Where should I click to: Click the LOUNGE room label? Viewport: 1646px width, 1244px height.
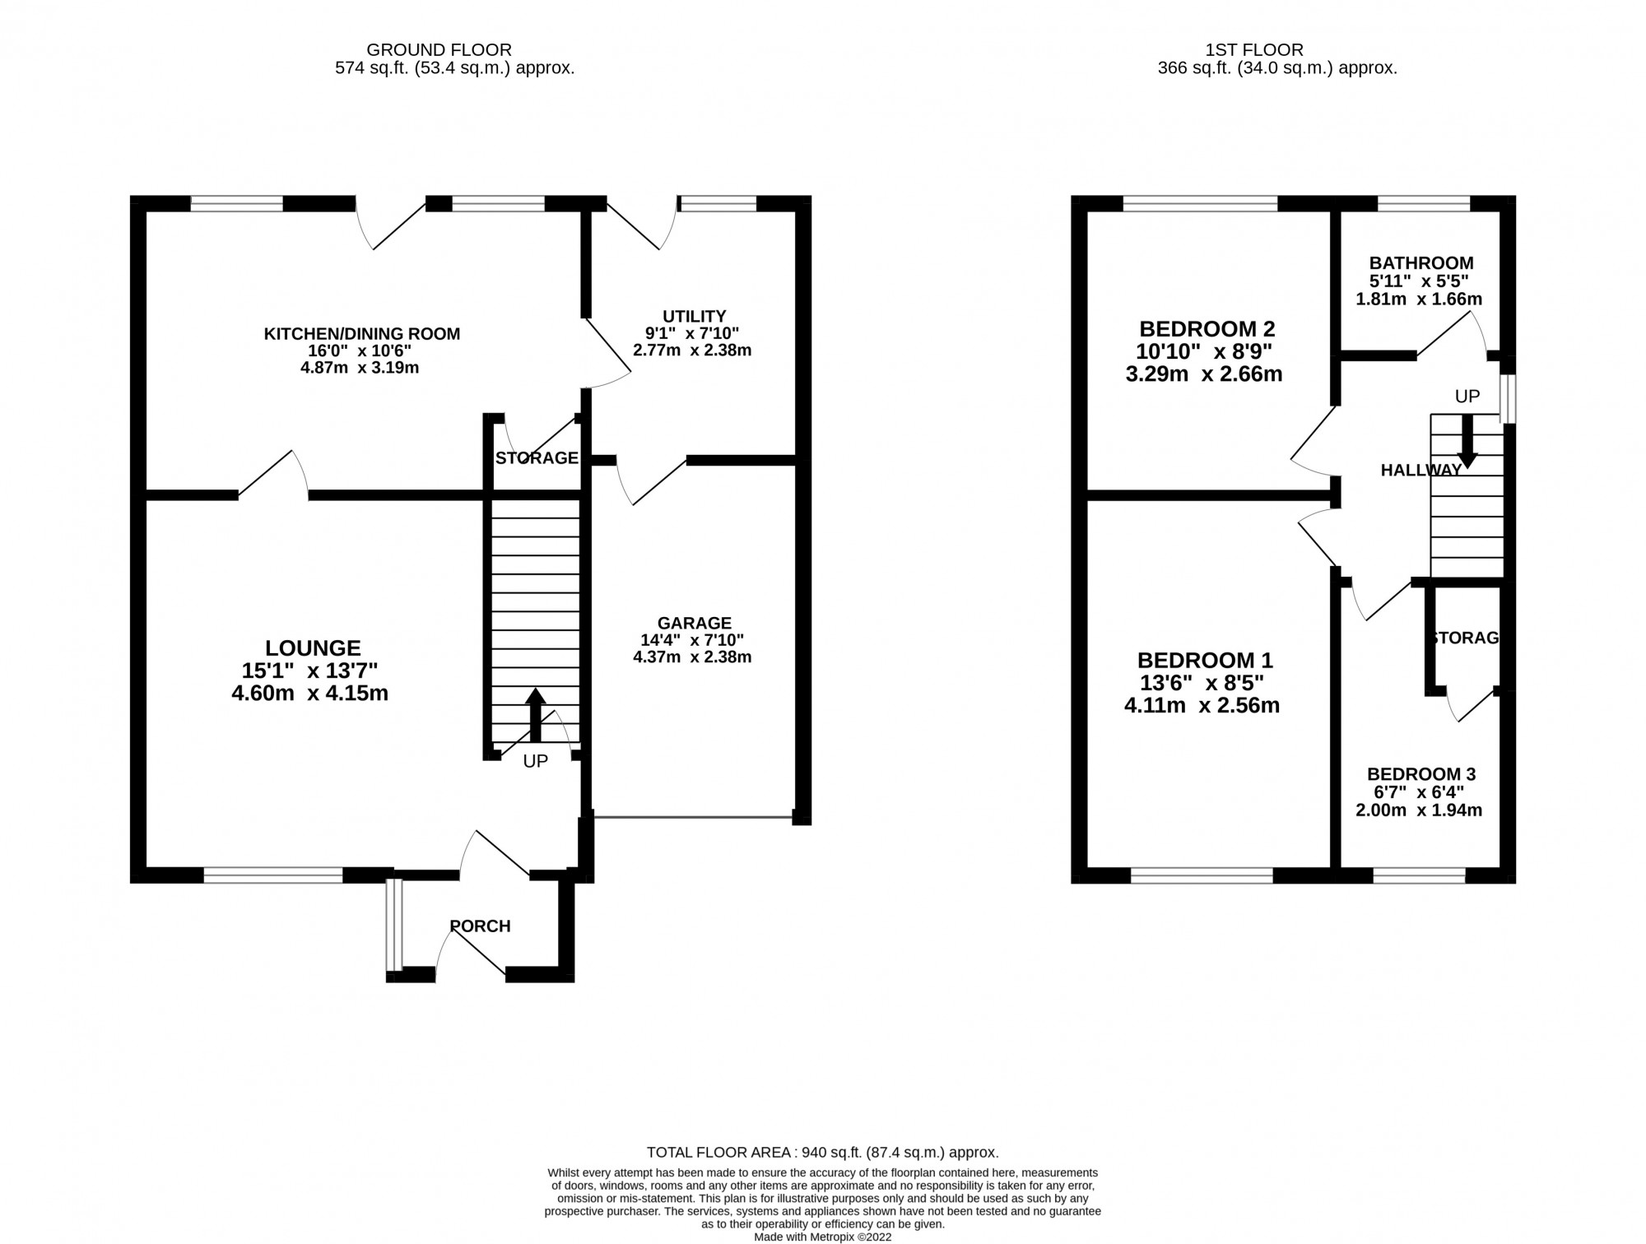pyautogui.click(x=313, y=648)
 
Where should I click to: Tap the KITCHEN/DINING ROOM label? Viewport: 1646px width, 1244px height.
pyautogui.click(x=361, y=334)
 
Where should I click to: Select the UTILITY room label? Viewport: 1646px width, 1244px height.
pyautogui.click(x=695, y=316)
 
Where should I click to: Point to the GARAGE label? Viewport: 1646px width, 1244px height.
pyautogui.click(x=695, y=623)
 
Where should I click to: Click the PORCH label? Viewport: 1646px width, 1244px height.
pyautogui.click(x=480, y=926)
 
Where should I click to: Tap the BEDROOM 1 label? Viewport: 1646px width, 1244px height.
pyautogui.click(x=1205, y=661)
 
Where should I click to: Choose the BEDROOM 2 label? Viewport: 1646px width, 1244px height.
pyautogui.click(x=1207, y=329)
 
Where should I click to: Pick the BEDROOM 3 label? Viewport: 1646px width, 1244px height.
pyautogui.click(x=1421, y=774)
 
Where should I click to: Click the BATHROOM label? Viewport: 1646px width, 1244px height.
pyautogui.click(x=1421, y=263)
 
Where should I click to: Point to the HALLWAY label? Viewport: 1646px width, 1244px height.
pyautogui.click(x=1421, y=471)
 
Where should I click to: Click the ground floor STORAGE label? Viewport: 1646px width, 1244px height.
pyautogui.click(x=537, y=458)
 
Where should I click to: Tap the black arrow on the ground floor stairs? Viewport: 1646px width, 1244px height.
pyautogui.click(x=536, y=715)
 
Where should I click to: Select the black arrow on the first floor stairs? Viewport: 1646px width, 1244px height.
pyautogui.click(x=1467, y=441)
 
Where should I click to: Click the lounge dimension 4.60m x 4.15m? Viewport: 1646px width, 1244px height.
pyautogui.click(x=310, y=694)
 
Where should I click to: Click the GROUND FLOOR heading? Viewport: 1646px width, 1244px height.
pyautogui.click(x=439, y=50)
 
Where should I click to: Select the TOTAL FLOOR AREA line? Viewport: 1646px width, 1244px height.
pyautogui.click(x=823, y=1153)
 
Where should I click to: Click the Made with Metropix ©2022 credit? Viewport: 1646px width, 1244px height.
pyautogui.click(x=823, y=1237)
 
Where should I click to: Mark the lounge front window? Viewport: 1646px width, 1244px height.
pyautogui.click(x=273, y=875)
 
